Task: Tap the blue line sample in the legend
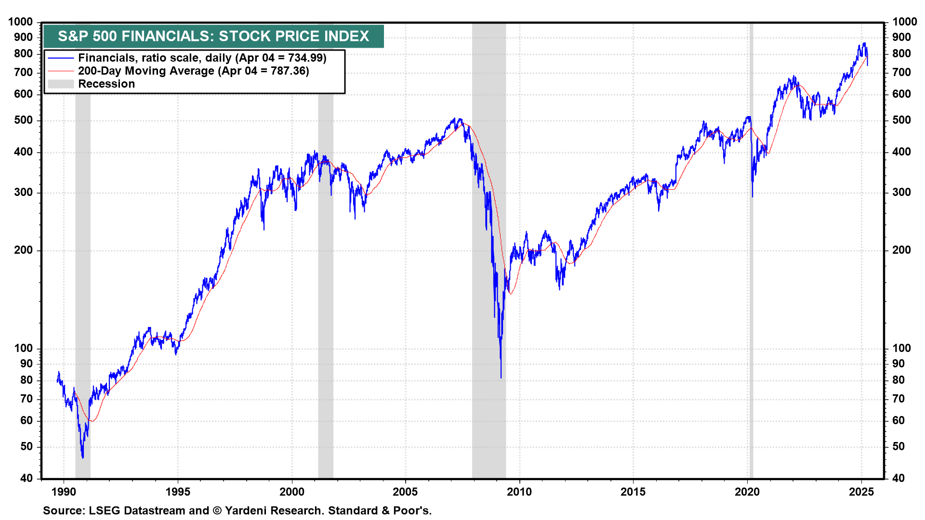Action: point(61,58)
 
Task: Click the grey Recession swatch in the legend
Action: point(61,84)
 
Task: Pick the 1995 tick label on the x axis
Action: point(178,492)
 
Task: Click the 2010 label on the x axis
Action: point(519,492)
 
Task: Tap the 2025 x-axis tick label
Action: point(861,492)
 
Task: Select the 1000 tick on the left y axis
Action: point(21,22)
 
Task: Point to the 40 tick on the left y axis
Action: point(26,478)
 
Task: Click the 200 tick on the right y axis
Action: point(901,250)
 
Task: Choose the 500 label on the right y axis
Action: point(901,120)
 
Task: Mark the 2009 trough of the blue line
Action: point(501,377)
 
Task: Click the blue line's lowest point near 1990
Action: point(83,457)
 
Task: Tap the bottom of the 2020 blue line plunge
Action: point(752,196)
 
